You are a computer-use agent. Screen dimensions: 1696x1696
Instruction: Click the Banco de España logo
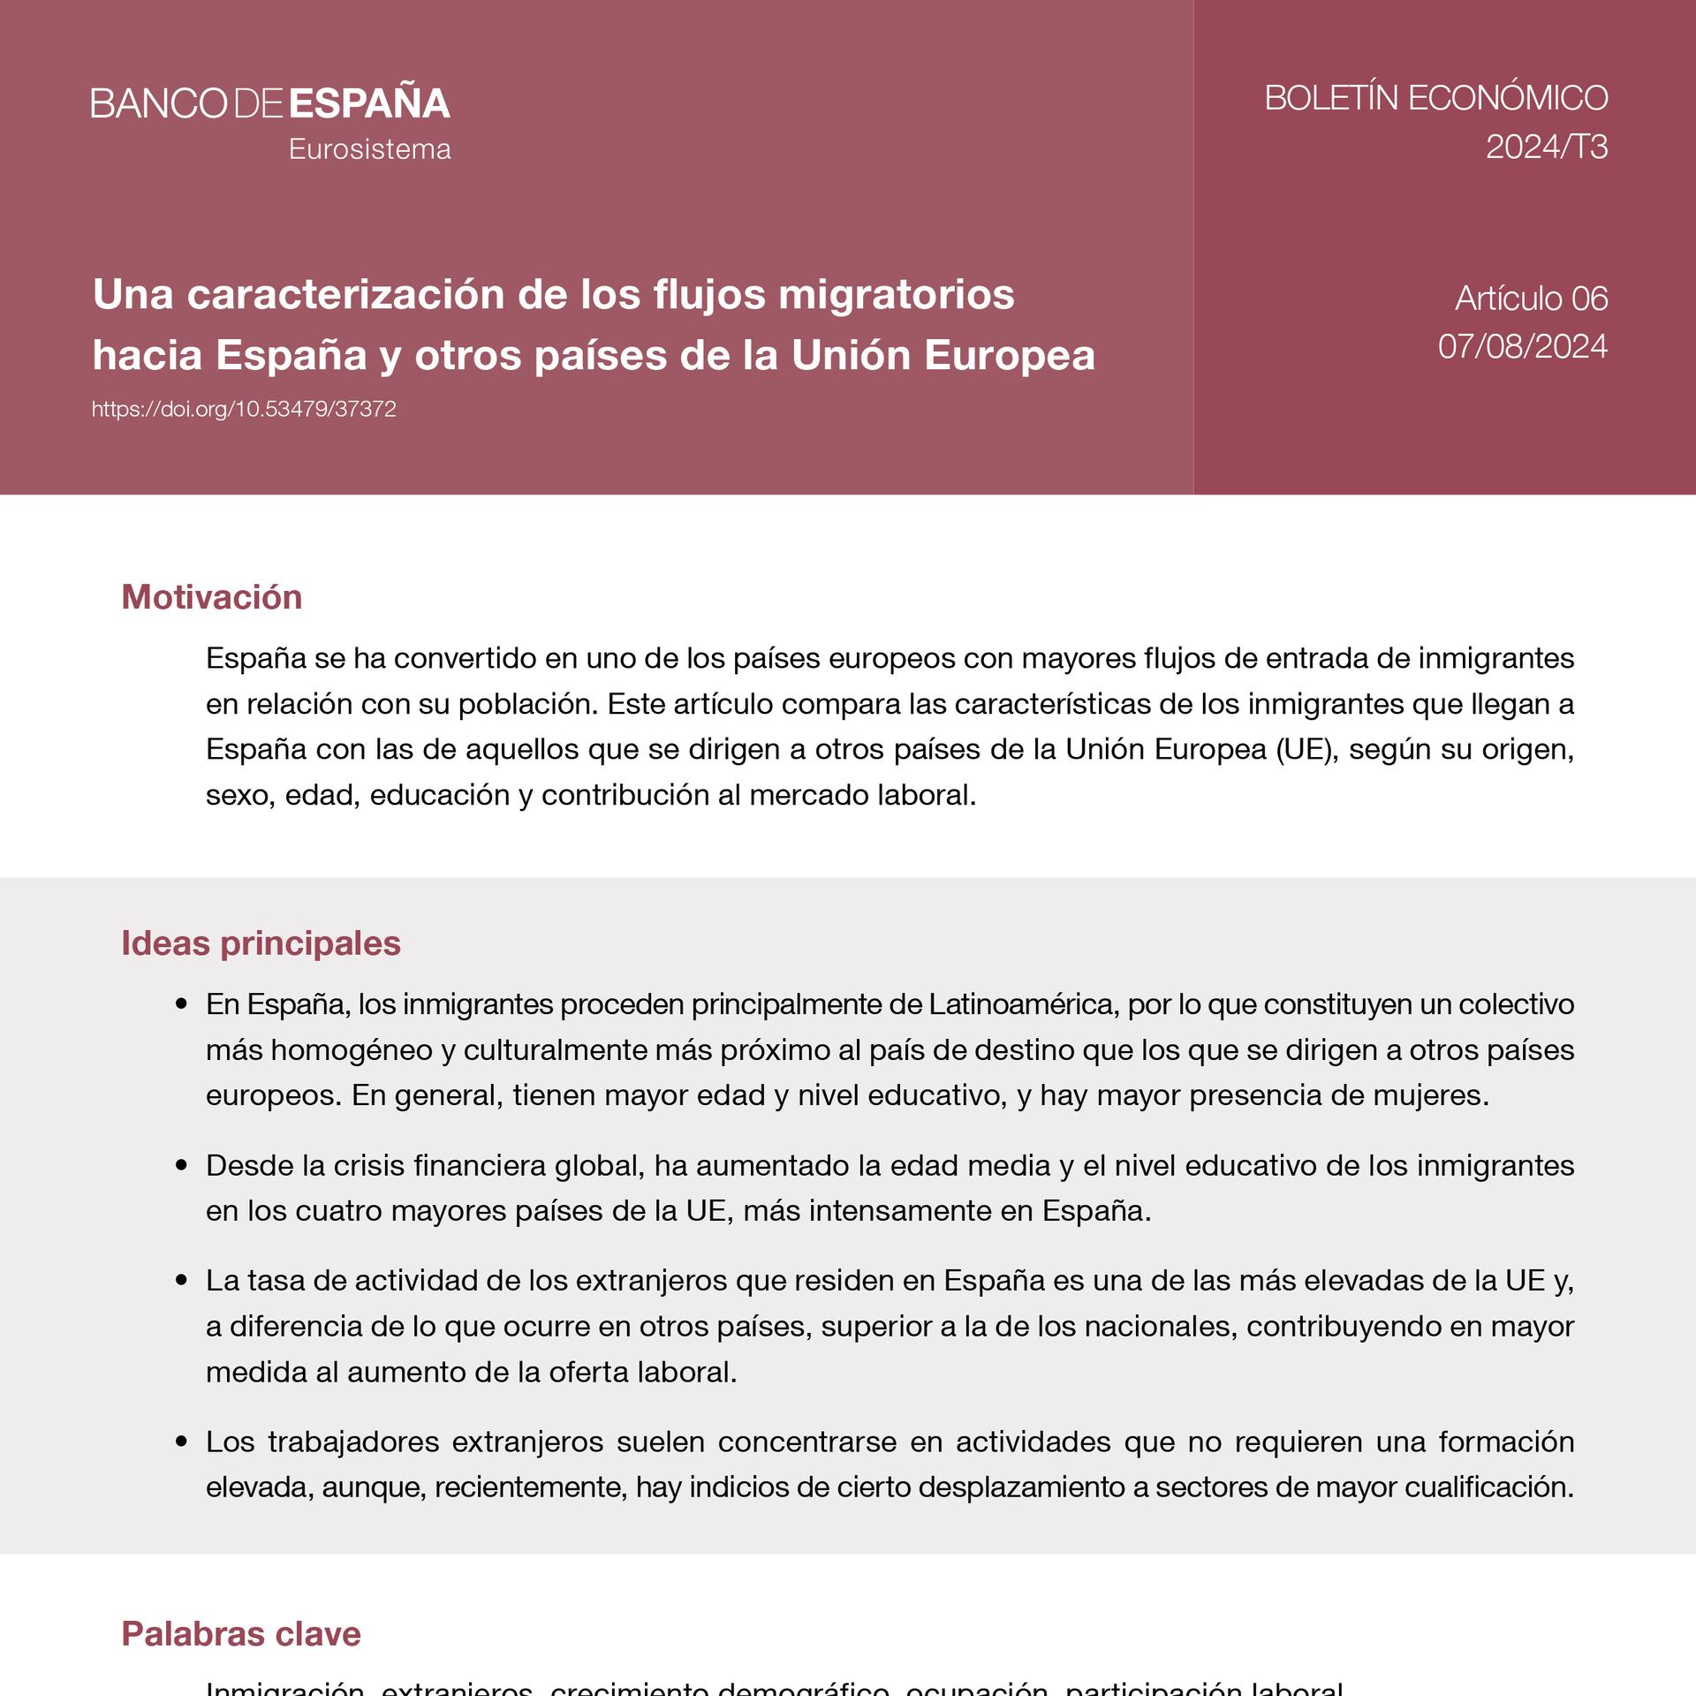click(x=270, y=103)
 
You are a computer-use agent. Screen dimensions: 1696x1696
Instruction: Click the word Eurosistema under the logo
click(x=369, y=149)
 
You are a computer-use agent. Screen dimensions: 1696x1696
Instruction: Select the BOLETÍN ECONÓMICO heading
click(x=1435, y=98)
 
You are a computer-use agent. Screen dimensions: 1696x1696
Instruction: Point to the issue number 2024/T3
click(x=1546, y=147)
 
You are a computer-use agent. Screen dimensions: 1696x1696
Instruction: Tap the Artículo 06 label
click(x=1531, y=299)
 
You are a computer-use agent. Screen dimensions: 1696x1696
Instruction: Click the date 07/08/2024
click(x=1522, y=346)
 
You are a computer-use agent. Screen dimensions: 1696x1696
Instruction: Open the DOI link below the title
click(x=244, y=409)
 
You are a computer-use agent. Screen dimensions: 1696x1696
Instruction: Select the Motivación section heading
click(x=212, y=597)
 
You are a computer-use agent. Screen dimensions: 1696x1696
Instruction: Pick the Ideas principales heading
click(x=261, y=943)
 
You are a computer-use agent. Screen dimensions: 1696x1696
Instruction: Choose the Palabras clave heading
click(x=241, y=1634)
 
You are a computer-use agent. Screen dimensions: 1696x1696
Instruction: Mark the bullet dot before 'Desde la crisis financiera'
click(x=182, y=1165)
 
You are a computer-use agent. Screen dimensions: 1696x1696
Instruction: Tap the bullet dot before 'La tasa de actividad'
click(x=182, y=1280)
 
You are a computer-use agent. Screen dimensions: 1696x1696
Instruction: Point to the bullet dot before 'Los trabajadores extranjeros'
click(x=182, y=1442)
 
